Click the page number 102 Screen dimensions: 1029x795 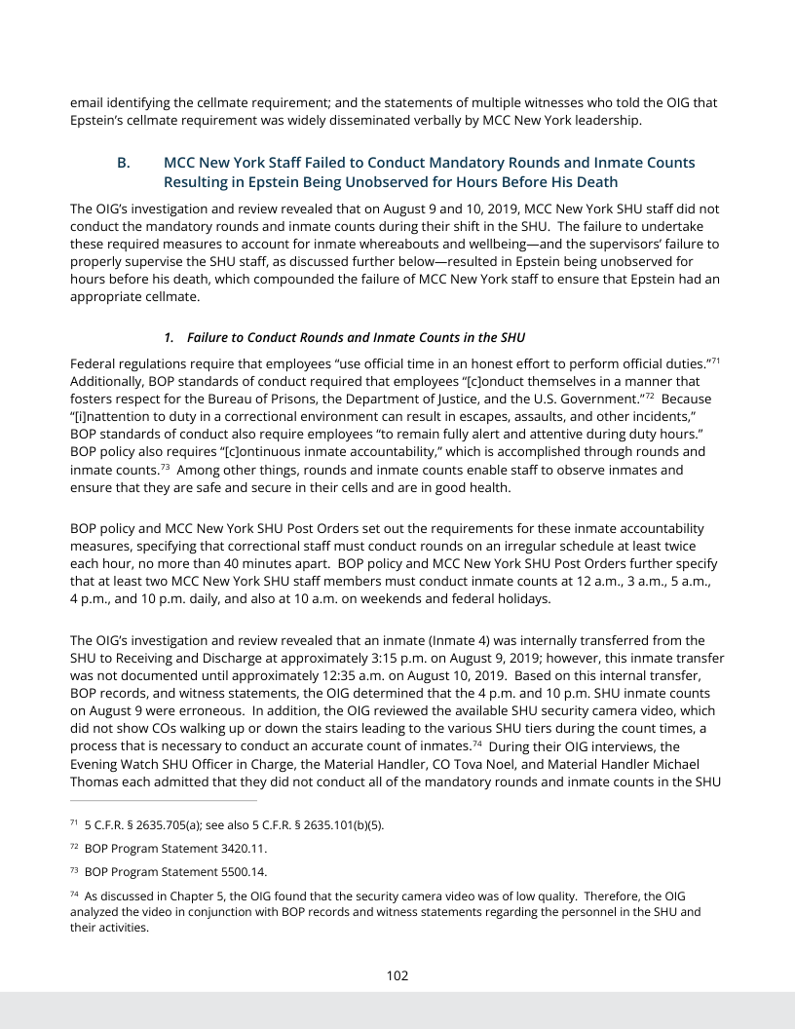point(397,975)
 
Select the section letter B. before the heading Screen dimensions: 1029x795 point(124,163)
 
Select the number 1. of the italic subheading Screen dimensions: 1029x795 point(169,337)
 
